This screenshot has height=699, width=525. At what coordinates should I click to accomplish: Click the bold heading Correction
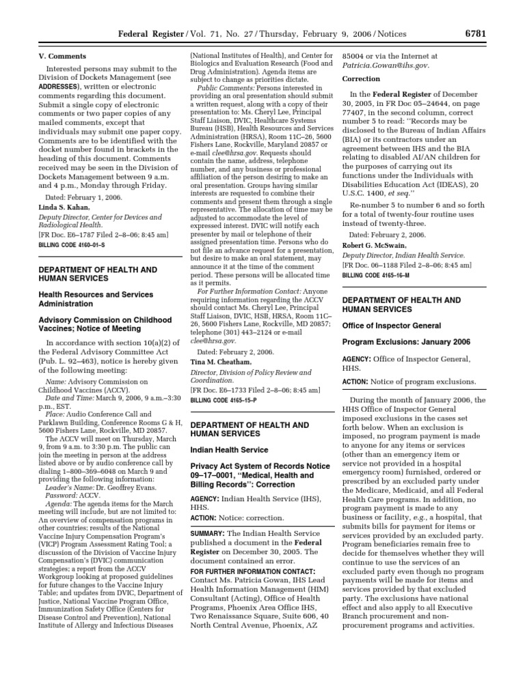coord(360,79)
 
